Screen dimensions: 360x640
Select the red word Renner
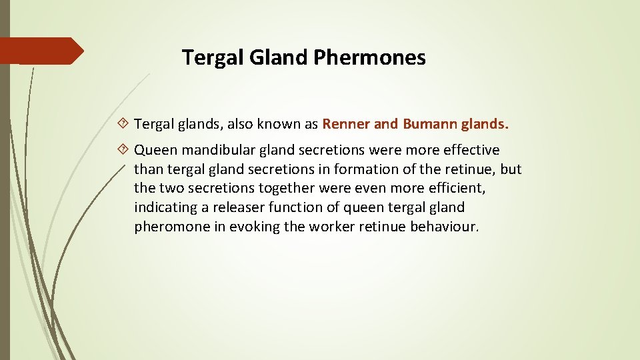click(x=346, y=124)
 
